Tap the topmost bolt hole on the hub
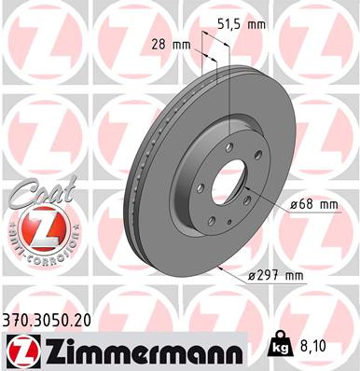pos(227,145)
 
